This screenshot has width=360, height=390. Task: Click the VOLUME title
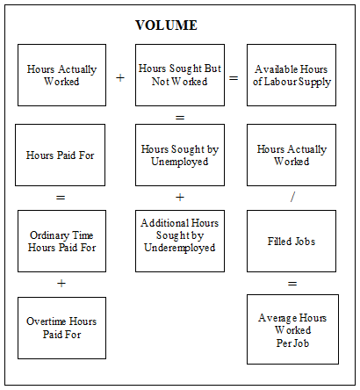(166, 25)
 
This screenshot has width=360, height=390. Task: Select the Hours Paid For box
(61, 155)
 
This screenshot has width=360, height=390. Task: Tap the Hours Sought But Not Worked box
(180, 76)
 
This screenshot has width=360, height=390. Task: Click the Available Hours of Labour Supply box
(292, 76)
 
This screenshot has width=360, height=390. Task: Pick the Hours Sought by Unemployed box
(180, 155)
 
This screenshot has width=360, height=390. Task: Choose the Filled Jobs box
(292, 240)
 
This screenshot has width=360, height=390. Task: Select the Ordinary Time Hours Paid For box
(61, 240)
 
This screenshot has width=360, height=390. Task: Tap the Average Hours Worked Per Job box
(292, 329)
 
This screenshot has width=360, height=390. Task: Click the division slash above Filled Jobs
(292, 198)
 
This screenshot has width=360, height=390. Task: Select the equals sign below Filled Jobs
(292, 284)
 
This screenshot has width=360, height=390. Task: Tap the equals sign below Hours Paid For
(61, 198)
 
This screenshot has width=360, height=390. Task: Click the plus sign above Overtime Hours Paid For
(61, 284)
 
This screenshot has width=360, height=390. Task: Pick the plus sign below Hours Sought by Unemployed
(180, 198)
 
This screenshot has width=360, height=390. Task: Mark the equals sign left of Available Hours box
(234, 77)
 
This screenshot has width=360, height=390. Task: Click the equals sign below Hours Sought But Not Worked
(180, 116)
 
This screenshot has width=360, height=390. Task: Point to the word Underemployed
(180, 248)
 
